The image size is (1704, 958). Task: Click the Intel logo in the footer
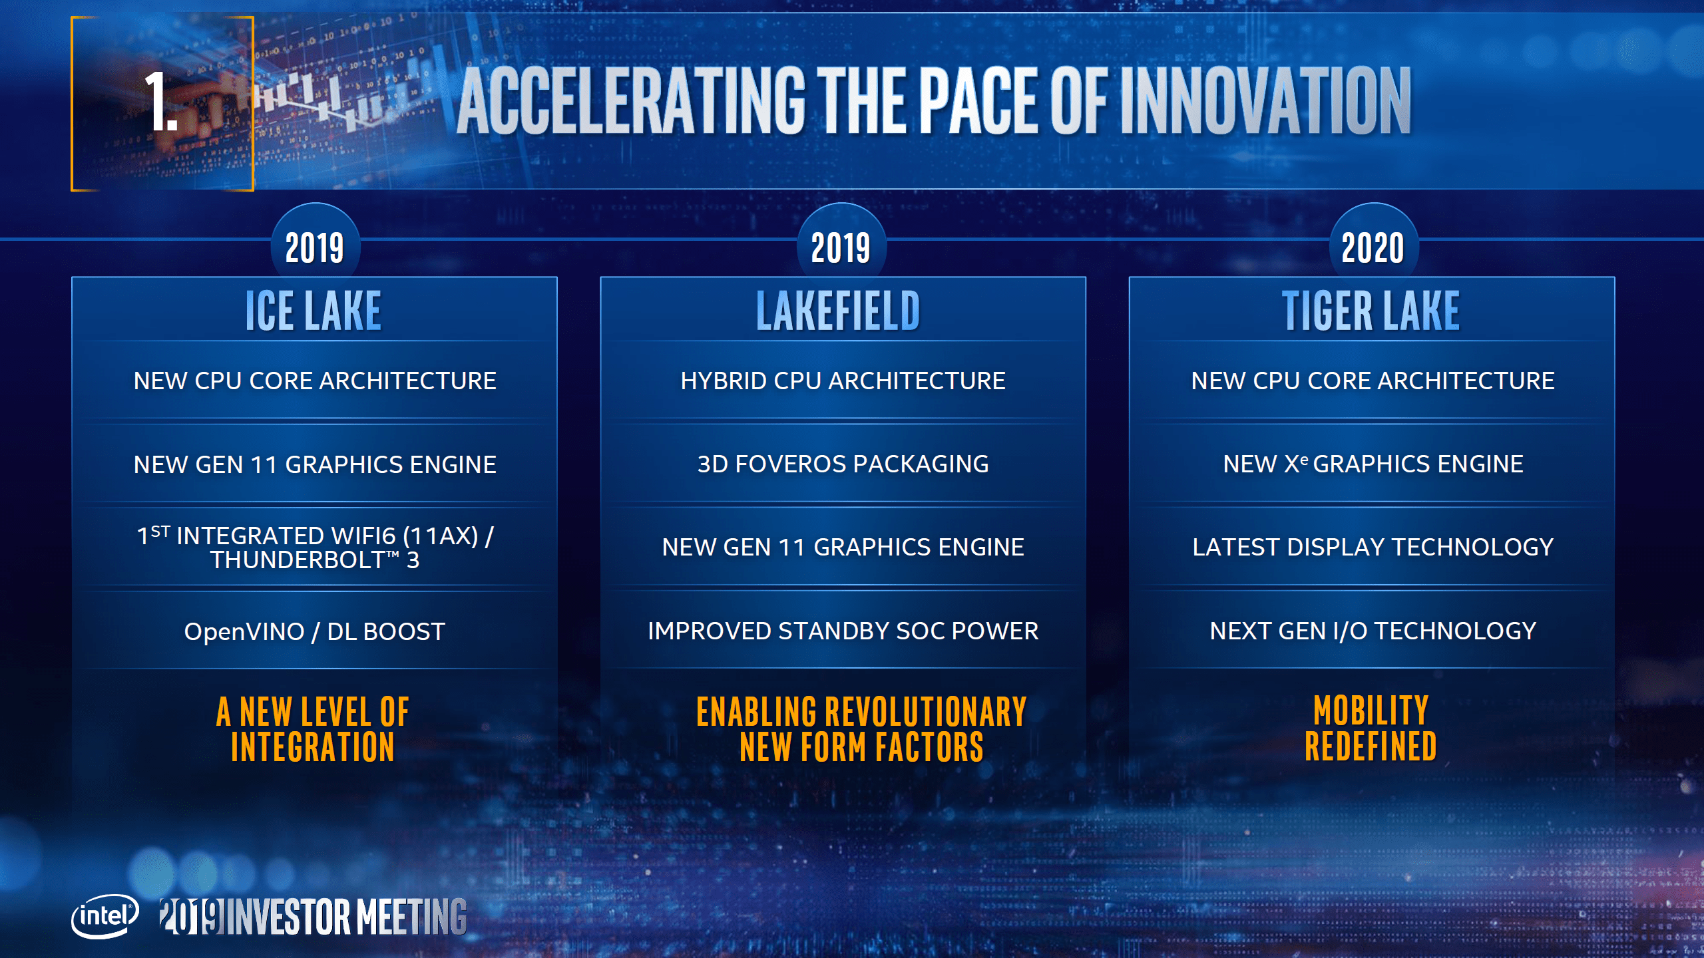click(x=105, y=916)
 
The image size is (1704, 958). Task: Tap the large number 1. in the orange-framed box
click(x=160, y=103)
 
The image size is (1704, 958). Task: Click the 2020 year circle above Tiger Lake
click(x=1373, y=248)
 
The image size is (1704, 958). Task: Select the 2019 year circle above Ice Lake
click(x=315, y=248)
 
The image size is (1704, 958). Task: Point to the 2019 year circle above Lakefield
click(x=841, y=248)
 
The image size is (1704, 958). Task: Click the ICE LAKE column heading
click(x=314, y=311)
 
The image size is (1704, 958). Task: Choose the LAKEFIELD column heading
click(x=838, y=311)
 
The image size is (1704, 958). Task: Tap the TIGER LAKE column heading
click(x=1371, y=311)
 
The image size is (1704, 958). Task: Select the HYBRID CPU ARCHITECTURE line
click(x=843, y=381)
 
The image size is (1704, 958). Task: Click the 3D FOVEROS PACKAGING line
click(x=843, y=464)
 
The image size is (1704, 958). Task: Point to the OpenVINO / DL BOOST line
click(x=314, y=631)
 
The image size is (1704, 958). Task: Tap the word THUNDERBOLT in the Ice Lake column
click(x=297, y=560)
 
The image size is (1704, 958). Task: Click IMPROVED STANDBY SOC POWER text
click(x=843, y=631)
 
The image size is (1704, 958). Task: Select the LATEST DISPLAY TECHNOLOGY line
click(x=1373, y=548)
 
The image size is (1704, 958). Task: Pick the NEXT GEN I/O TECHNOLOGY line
click(x=1373, y=631)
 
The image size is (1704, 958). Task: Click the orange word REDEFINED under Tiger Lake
click(x=1371, y=746)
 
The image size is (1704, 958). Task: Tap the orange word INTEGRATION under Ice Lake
click(x=313, y=746)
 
